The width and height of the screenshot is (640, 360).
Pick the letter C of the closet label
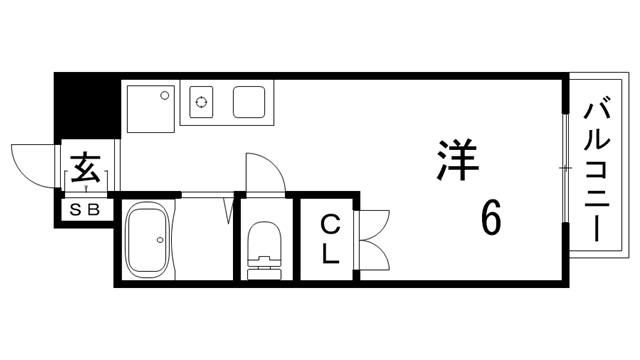329,224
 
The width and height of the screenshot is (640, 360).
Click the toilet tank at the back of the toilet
264,268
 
